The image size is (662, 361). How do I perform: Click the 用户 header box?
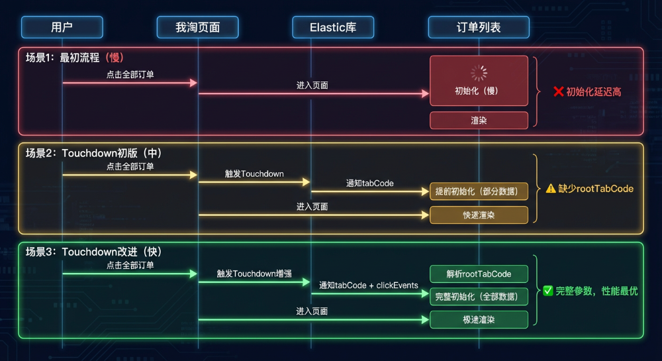tap(62, 27)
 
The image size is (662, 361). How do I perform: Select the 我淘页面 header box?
tap(197, 27)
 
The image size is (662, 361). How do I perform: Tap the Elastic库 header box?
tap(333, 27)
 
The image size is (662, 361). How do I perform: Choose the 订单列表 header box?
tap(479, 27)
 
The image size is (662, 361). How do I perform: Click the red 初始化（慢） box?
tap(479, 81)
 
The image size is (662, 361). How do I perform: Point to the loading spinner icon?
tap(478, 72)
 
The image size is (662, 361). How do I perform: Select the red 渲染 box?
tap(479, 120)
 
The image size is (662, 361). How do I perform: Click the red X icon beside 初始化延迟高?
tap(558, 91)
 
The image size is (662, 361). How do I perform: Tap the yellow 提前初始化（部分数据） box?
tap(479, 191)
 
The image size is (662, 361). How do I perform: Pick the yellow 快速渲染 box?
tap(479, 215)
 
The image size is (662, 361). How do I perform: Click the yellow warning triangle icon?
tap(551, 189)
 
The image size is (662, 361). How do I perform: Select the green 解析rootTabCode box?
tap(479, 274)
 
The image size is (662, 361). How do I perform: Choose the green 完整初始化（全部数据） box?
tap(479, 296)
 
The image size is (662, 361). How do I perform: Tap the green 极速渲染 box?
tap(479, 319)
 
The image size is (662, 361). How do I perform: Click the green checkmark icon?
tap(548, 291)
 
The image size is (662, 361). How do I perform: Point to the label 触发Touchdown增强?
tap(254, 273)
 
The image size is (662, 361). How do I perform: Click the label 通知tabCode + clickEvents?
tap(369, 285)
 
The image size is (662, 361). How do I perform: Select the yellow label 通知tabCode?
tap(369, 183)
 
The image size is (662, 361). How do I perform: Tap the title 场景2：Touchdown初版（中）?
tap(93, 153)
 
